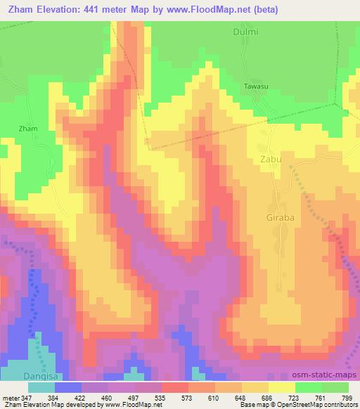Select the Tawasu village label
[x=255, y=86]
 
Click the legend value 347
[x=26, y=398]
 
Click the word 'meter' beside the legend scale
[x=10, y=398]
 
